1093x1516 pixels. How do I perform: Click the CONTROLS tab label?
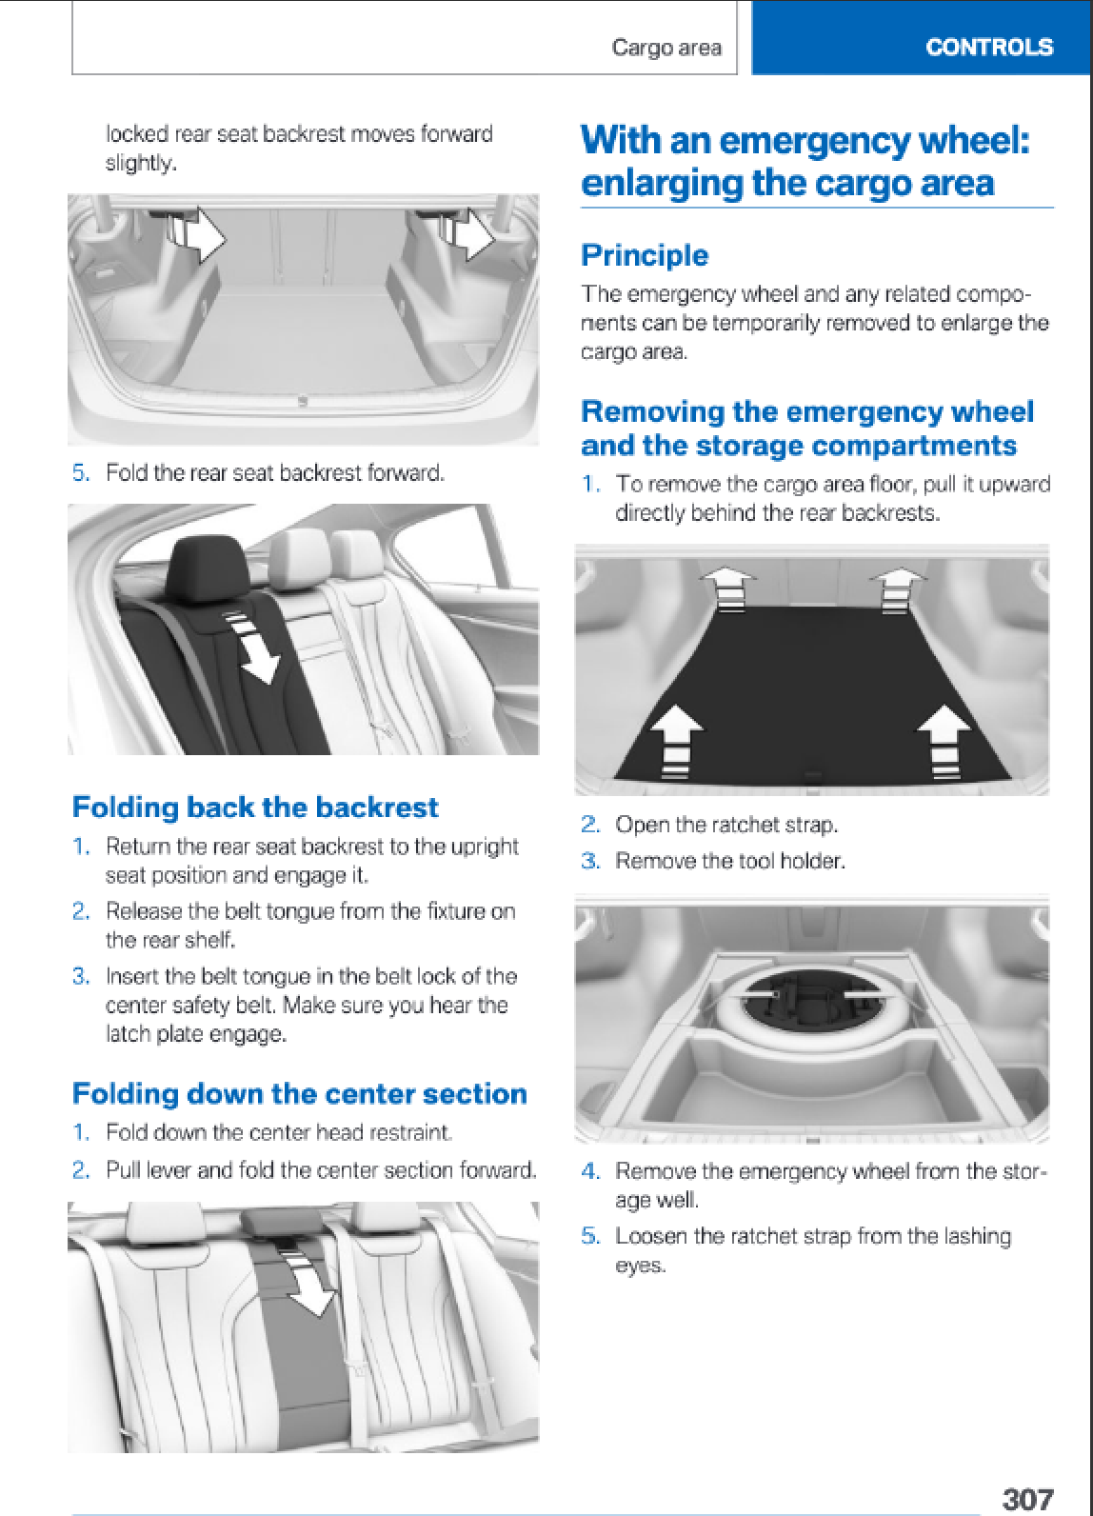989,47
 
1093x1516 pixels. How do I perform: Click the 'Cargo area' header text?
666,48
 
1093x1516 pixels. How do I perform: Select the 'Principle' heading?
645,255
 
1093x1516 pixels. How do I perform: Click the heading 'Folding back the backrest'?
255,807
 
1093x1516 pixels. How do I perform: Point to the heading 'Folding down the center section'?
300,1093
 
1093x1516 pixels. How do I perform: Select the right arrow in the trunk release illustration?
475,234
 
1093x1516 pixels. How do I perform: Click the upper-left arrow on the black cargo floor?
727,588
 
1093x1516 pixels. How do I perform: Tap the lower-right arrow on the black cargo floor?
944,742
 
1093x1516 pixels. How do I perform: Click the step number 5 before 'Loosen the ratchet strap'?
589,1236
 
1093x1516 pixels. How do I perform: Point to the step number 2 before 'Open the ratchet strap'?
589,825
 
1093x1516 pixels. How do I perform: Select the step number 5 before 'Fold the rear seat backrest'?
81,472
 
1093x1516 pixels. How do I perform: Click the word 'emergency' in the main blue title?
814,141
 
